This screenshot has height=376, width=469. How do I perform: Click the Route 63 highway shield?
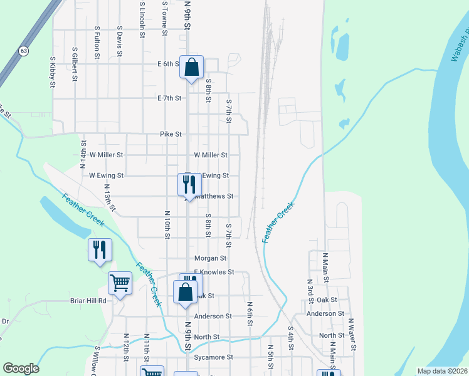coord(23,50)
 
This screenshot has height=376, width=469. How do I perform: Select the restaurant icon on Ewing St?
coord(189,184)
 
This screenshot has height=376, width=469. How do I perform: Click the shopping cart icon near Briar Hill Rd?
coord(120,283)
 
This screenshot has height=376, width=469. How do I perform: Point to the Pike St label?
coord(171,134)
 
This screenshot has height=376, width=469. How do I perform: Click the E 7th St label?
coord(169,98)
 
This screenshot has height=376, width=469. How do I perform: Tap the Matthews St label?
coord(213,196)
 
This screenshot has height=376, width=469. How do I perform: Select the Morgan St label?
coord(210,258)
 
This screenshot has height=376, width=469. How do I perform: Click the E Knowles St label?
coord(214,272)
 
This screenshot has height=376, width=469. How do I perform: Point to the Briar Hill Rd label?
coord(88,301)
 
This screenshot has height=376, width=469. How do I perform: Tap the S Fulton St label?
coord(97,42)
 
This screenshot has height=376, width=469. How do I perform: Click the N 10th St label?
coord(167,224)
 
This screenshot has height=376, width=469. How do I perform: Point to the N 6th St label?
coord(250,313)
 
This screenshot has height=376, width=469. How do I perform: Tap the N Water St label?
coord(352,334)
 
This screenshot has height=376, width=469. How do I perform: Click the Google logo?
coord(21,368)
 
